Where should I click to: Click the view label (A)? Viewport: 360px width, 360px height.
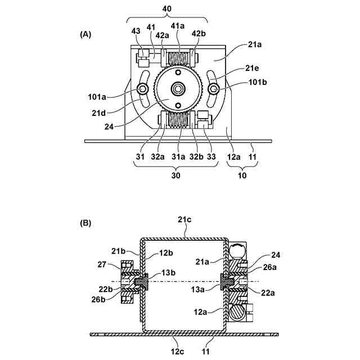click(85, 34)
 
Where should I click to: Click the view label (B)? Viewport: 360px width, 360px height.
click(85, 223)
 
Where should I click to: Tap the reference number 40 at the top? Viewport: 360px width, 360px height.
click(167, 9)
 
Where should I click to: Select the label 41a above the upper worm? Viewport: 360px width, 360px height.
click(178, 26)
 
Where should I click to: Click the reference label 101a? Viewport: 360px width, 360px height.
click(97, 97)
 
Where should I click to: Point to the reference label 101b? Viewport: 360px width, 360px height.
click(258, 82)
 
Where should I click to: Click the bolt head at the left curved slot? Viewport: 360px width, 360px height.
click(142, 88)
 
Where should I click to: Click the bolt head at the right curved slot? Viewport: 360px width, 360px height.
click(214, 88)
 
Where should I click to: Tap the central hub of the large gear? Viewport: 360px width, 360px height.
click(178, 89)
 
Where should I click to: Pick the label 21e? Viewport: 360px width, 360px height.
click(252, 68)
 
